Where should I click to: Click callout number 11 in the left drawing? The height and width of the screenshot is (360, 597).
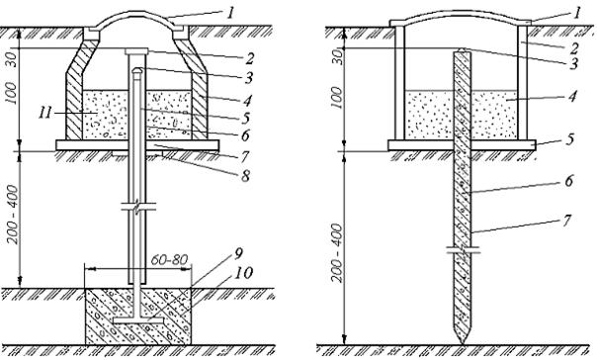click(44, 113)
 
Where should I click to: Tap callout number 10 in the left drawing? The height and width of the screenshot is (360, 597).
click(243, 273)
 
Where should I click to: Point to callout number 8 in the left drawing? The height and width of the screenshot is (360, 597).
click(245, 176)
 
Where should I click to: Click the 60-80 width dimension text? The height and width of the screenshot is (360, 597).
click(169, 260)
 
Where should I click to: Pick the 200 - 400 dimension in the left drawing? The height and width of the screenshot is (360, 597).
click(12, 215)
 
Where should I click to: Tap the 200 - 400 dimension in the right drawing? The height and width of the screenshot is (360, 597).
click(337, 252)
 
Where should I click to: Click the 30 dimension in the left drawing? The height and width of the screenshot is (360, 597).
click(13, 59)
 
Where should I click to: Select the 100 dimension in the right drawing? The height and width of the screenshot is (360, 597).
click(337, 97)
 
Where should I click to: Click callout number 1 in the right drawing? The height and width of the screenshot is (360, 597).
click(577, 14)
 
